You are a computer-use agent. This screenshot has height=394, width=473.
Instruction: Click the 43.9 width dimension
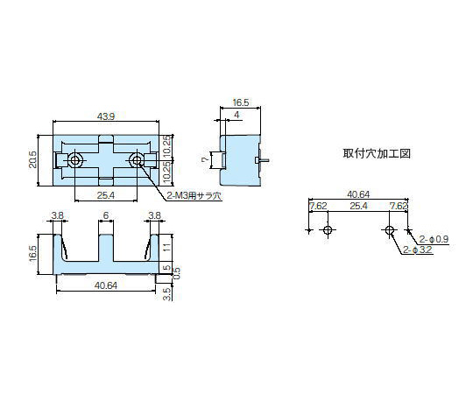[x=106, y=116]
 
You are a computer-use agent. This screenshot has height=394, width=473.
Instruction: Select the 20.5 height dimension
[x=32, y=159]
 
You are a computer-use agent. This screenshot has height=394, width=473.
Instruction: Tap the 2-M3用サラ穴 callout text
[x=194, y=196]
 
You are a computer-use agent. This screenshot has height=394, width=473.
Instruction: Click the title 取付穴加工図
[x=377, y=153]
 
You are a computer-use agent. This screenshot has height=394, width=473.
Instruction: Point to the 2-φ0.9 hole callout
[x=434, y=239]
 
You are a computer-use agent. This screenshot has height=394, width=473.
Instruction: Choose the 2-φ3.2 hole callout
[x=418, y=250]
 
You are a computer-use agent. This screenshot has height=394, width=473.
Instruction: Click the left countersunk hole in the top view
[x=74, y=160]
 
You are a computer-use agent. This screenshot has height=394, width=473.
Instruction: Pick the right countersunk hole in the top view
[x=137, y=160]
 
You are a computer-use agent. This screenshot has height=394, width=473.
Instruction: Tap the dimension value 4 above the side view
[x=236, y=115]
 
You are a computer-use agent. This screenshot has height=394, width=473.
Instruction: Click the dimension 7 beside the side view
[x=205, y=160]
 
